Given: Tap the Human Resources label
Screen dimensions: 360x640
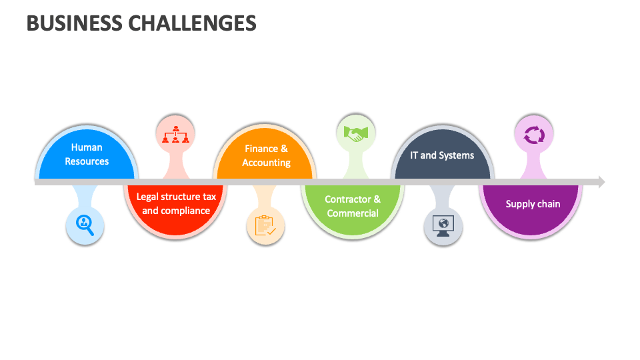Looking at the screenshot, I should pos(87,154).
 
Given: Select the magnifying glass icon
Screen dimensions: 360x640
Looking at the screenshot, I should pos(85,225).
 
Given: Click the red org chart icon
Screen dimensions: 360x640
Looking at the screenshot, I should pos(176,133).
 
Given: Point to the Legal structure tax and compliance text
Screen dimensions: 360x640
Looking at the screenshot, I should pos(176,203).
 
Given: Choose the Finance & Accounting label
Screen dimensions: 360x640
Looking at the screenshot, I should pos(266,155).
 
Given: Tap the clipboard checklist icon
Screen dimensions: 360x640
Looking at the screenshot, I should pos(265,225).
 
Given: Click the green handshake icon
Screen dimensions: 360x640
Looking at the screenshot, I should pos(355,133).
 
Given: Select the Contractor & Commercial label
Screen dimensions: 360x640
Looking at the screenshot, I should pos(353,206).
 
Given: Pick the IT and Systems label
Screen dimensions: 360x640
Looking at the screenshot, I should pos(443,155).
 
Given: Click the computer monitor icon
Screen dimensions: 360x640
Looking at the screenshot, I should pos(443,225).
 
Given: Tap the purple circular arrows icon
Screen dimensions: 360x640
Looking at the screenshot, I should pos(534,135).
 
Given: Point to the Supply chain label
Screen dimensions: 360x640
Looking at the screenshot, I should pos(533,204).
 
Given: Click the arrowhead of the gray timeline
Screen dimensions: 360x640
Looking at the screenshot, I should pos(601,181).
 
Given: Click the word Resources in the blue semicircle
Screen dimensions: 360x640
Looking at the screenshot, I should pos(87,161).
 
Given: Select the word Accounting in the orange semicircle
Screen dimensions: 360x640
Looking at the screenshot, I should pos(266,163).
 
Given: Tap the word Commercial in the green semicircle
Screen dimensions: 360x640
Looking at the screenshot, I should pos(353,213).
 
